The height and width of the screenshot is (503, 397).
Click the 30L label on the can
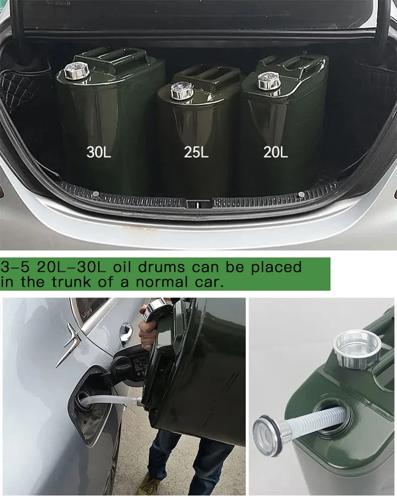[99, 152]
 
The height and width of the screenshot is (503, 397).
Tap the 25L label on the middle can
[196, 152]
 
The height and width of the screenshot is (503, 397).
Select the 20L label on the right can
[275, 152]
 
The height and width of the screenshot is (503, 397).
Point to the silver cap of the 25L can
[182, 90]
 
